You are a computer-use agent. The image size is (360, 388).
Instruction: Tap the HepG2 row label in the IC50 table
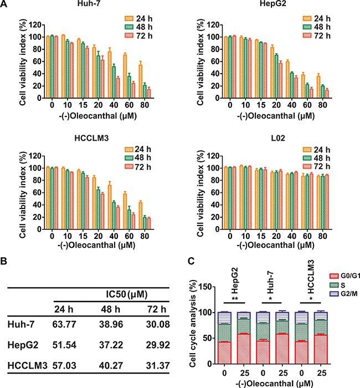click(24, 345)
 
